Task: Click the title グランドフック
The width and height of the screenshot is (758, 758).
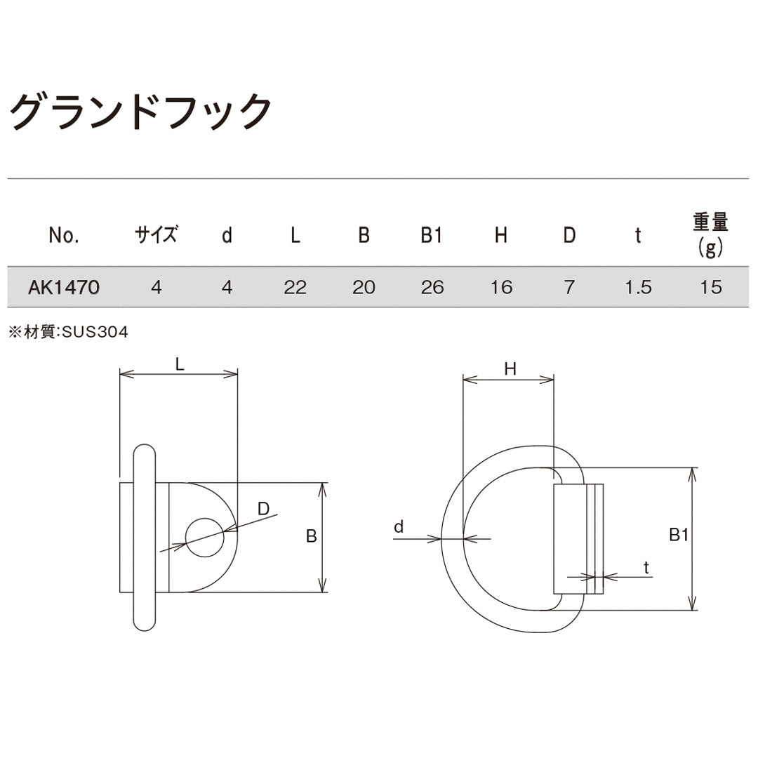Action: coord(140,111)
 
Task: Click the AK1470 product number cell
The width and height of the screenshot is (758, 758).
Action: coord(64,287)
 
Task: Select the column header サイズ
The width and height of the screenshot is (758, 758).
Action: coord(156,235)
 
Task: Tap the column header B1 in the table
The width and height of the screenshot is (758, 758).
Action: coord(432,236)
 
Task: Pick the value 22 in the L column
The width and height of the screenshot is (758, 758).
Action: coord(295,287)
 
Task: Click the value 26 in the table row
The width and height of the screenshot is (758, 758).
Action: coord(432,287)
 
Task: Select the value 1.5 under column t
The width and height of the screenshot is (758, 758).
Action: coord(637,287)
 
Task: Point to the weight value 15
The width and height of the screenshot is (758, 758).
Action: coord(710,287)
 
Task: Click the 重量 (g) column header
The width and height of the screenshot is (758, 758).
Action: coord(710,234)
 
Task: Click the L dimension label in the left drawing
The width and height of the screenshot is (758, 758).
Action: coord(180,364)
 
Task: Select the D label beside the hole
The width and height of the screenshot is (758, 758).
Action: coord(263,509)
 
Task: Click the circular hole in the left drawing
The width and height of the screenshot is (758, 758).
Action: coord(204,538)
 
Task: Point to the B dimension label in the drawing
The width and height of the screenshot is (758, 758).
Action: coord(312,537)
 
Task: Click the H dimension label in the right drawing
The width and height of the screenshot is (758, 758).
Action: coord(510,369)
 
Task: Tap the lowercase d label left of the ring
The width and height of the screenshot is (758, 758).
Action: coord(399,526)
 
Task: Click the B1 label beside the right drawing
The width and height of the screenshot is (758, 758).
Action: coord(678,536)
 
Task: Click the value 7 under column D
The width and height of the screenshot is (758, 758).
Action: coord(569,287)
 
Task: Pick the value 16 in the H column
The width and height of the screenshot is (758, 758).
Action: coord(501,287)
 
